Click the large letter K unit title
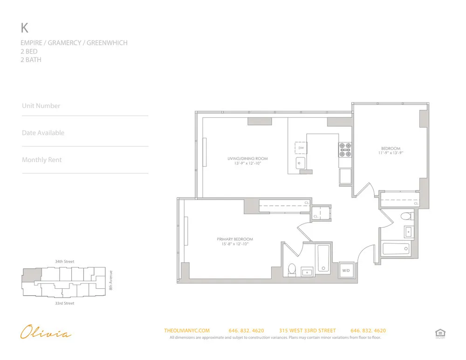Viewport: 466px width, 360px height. (25, 28)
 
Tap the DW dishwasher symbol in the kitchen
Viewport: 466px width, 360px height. (301, 148)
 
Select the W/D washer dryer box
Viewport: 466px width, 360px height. (346, 270)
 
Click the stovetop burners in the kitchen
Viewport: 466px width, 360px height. (345, 149)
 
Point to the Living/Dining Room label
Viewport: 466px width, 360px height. (247, 158)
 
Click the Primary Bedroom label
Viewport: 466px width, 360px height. (235, 239)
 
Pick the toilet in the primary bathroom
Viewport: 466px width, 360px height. (292, 270)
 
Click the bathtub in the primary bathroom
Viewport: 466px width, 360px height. (323, 259)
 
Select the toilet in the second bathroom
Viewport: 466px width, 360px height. (406, 216)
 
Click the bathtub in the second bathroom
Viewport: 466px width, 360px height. (397, 249)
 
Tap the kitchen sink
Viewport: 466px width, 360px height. (301, 163)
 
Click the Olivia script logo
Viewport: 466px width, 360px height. (46, 333)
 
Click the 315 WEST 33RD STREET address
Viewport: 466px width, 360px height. (307, 331)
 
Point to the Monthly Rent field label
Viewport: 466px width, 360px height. (41, 160)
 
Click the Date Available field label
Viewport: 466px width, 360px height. (43, 133)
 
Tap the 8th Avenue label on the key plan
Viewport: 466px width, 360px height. (111, 281)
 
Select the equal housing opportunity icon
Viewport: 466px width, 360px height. (439, 333)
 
